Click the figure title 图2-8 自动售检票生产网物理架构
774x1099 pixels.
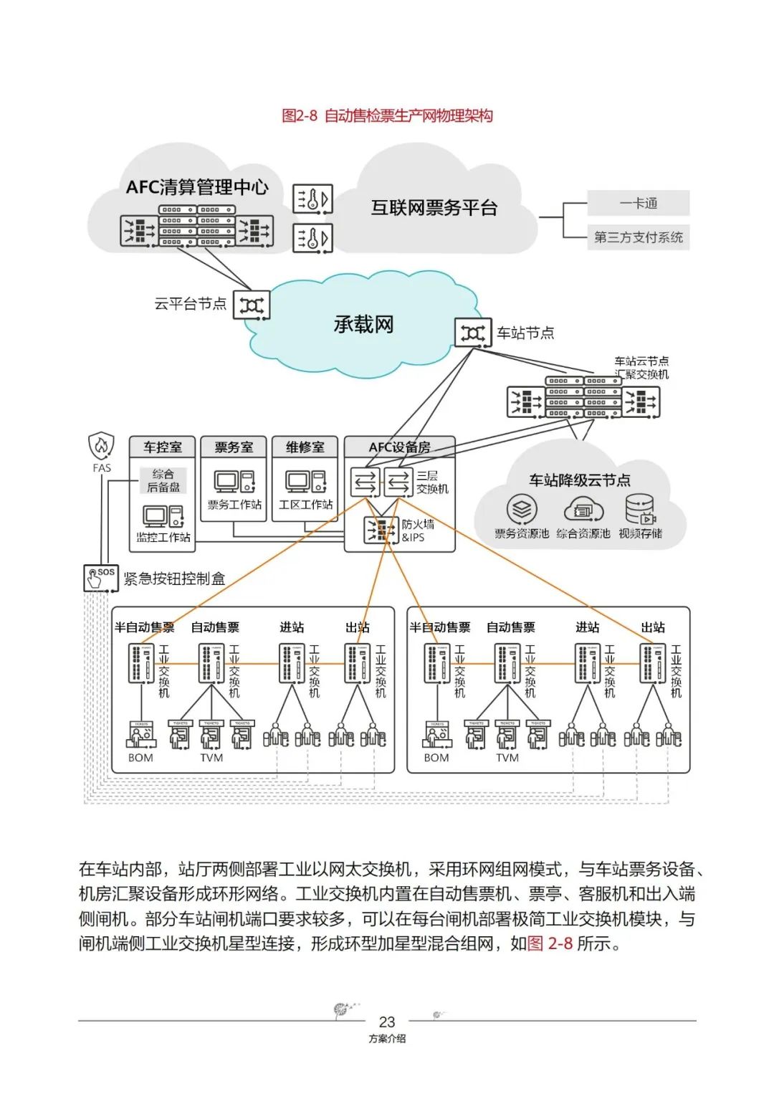(387, 115)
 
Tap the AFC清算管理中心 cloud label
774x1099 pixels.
(197, 187)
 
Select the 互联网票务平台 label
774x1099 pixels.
(434, 208)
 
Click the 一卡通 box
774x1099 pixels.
(638, 203)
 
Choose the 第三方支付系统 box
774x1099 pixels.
(638, 237)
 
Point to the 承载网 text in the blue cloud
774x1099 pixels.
(363, 324)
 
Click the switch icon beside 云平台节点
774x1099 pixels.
(252, 305)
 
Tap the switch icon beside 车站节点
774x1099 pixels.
(473, 333)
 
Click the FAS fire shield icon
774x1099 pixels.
(101, 446)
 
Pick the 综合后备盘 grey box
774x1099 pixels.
(163, 480)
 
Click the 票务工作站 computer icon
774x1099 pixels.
(234, 482)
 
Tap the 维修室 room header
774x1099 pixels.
(305, 447)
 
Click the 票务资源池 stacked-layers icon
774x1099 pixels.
(522, 510)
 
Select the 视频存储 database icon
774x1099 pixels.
(640, 510)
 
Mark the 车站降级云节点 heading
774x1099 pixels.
(580, 480)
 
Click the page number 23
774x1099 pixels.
(387, 1022)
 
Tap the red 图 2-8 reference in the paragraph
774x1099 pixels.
(550, 943)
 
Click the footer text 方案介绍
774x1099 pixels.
(387, 1038)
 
